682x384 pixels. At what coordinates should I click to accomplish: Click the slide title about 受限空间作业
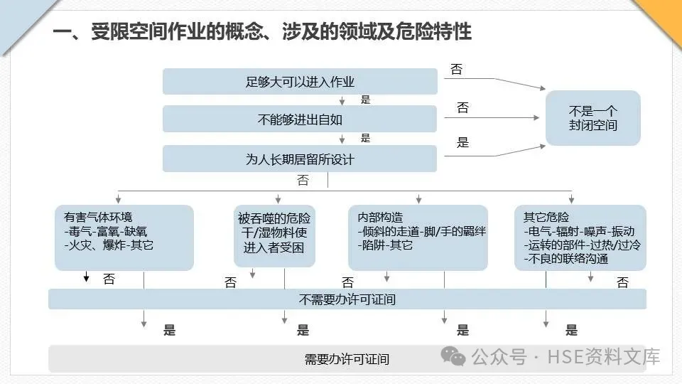click(262, 32)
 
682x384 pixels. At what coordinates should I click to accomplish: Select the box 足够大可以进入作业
click(299, 82)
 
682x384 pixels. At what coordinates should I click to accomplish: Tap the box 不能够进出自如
click(299, 119)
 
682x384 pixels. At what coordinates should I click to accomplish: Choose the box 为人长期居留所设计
click(299, 159)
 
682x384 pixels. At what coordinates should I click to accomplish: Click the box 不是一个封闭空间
click(593, 118)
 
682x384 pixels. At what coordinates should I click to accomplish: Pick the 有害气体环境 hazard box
click(124, 238)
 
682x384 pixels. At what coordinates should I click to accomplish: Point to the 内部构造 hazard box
click(418, 238)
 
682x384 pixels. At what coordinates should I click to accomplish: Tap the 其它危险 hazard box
click(580, 238)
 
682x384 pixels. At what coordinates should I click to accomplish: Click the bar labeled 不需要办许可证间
click(347, 299)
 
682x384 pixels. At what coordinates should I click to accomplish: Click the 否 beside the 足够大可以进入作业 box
click(456, 69)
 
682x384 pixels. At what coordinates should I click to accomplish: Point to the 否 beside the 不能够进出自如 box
click(462, 108)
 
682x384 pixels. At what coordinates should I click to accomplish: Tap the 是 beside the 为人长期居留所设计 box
click(462, 142)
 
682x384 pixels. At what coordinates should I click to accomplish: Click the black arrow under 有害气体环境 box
click(86, 277)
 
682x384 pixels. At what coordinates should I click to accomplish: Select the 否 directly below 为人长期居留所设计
click(303, 181)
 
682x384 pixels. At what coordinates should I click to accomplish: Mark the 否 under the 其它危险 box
click(622, 282)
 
